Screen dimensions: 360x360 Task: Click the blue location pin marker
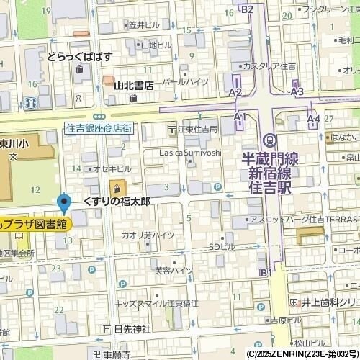(64, 204)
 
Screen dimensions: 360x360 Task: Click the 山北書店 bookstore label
(133, 85)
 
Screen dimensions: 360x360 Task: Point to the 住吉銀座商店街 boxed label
(98, 127)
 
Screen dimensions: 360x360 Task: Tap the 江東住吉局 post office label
(197, 130)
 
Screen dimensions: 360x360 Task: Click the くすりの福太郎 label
(117, 201)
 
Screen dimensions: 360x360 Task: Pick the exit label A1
(240, 116)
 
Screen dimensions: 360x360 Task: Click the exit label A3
(297, 92)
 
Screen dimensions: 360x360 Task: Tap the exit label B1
(266, 272)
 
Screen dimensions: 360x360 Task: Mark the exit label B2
(248, 9)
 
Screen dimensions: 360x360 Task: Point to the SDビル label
(221, 248)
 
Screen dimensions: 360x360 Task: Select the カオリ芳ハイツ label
(148, 235)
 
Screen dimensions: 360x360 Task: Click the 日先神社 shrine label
(132, 328)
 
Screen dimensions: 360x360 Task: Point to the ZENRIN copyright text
(302, 354)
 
